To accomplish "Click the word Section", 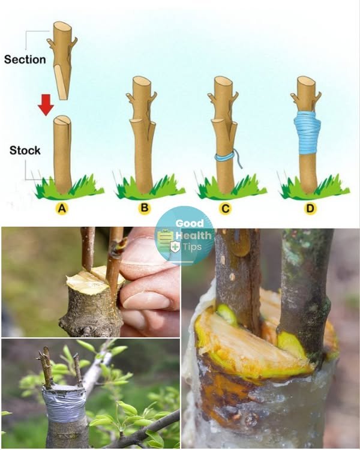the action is [x=25, y=59].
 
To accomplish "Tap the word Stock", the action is [x=25, y=151].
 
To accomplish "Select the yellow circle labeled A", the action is [x=62, y=209].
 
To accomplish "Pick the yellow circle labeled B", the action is [x=145, y=208].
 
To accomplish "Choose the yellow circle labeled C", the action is [x=226, y=208].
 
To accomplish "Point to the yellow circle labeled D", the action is [x=310, y=208].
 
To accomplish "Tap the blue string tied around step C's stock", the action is [x=227, y=157].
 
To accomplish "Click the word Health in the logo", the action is [x=193, y=235].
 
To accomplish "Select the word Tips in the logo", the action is [x=192, y=246].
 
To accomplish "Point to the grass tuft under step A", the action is [x=69, y=187].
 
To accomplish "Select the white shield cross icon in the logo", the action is [x=175, y=247].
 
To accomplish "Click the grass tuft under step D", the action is [x=314, y=187].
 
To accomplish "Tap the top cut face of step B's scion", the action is [x=142, y=80].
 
